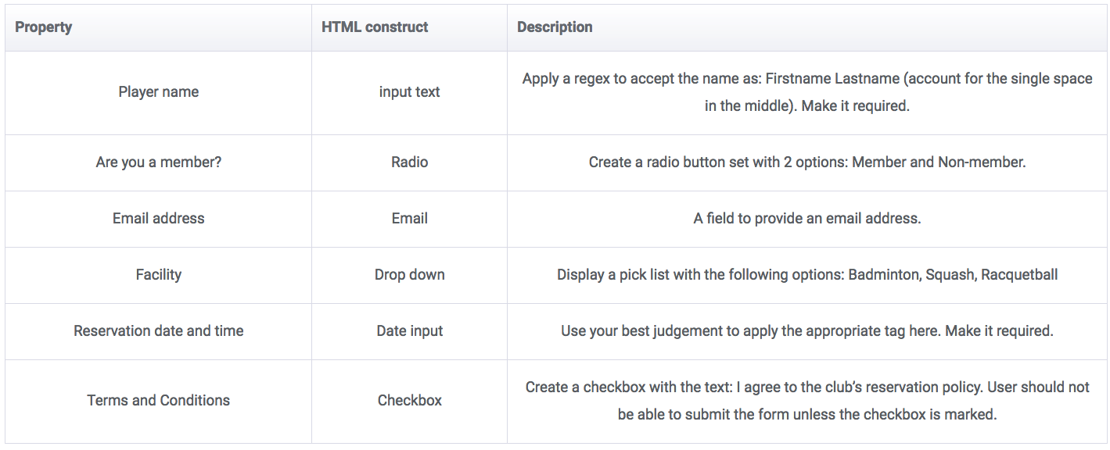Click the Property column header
[x=44, y=27]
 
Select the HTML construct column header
[x=375, y=27]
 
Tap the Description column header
[x=555, y=27]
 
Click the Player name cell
[x=159, y=92]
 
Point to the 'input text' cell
[x=409, y=92]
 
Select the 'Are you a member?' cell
[x=159, y=162]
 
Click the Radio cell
[x=409, y=162]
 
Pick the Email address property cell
[x=159, y=219]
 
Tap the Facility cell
[x=159, y=275]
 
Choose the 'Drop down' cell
[x=409, y=275]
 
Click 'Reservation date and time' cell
[x=159, y=331]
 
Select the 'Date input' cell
[x=409, y=331]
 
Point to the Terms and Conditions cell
[x=159, y=401]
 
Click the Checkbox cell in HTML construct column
[x=409, y=401]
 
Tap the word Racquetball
[x=1019, y=275]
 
